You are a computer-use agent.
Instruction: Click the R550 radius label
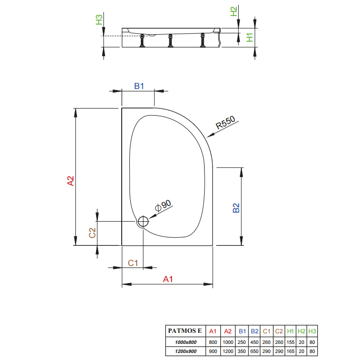225,122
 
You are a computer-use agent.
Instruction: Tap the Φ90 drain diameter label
163,205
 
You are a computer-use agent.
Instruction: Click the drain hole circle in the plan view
143,222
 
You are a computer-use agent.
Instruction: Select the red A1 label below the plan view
168,279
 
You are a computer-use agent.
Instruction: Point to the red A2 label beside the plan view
71,181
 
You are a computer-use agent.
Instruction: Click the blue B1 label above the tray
139,86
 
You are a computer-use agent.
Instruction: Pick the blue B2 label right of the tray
236,208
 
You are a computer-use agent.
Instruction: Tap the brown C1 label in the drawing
133,263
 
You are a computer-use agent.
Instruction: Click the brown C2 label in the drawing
92,233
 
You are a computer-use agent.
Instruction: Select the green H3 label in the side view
99,20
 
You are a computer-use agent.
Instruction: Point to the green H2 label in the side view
233,11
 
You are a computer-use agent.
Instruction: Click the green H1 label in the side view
249,37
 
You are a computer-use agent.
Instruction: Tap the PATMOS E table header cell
185,331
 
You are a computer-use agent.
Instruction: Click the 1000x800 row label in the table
186,342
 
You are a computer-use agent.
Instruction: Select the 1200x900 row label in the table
186,351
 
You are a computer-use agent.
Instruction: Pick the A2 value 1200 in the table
228,351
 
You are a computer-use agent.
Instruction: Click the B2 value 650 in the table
254,351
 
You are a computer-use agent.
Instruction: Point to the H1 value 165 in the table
291,351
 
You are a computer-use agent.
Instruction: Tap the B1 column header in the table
242,331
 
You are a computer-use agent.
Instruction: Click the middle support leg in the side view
170,41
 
